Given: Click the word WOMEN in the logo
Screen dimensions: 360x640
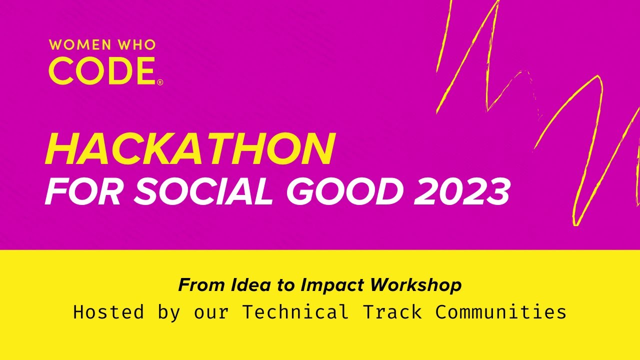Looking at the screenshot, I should (x=80, y=45).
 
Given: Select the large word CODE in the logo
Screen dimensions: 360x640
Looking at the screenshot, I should (x=102, y=71).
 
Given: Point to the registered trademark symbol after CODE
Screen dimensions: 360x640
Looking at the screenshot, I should (x=160, y=82).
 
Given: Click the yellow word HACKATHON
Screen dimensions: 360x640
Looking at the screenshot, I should (x=189, y=149).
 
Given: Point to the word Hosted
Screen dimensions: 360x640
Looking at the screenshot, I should (x=108, y=312).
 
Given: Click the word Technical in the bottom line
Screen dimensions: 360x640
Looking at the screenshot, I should (x=295, y=312).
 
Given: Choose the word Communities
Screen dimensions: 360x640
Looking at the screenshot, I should (x=501, y=312).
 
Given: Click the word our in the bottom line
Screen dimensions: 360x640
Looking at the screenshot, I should (x=211, y=312).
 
